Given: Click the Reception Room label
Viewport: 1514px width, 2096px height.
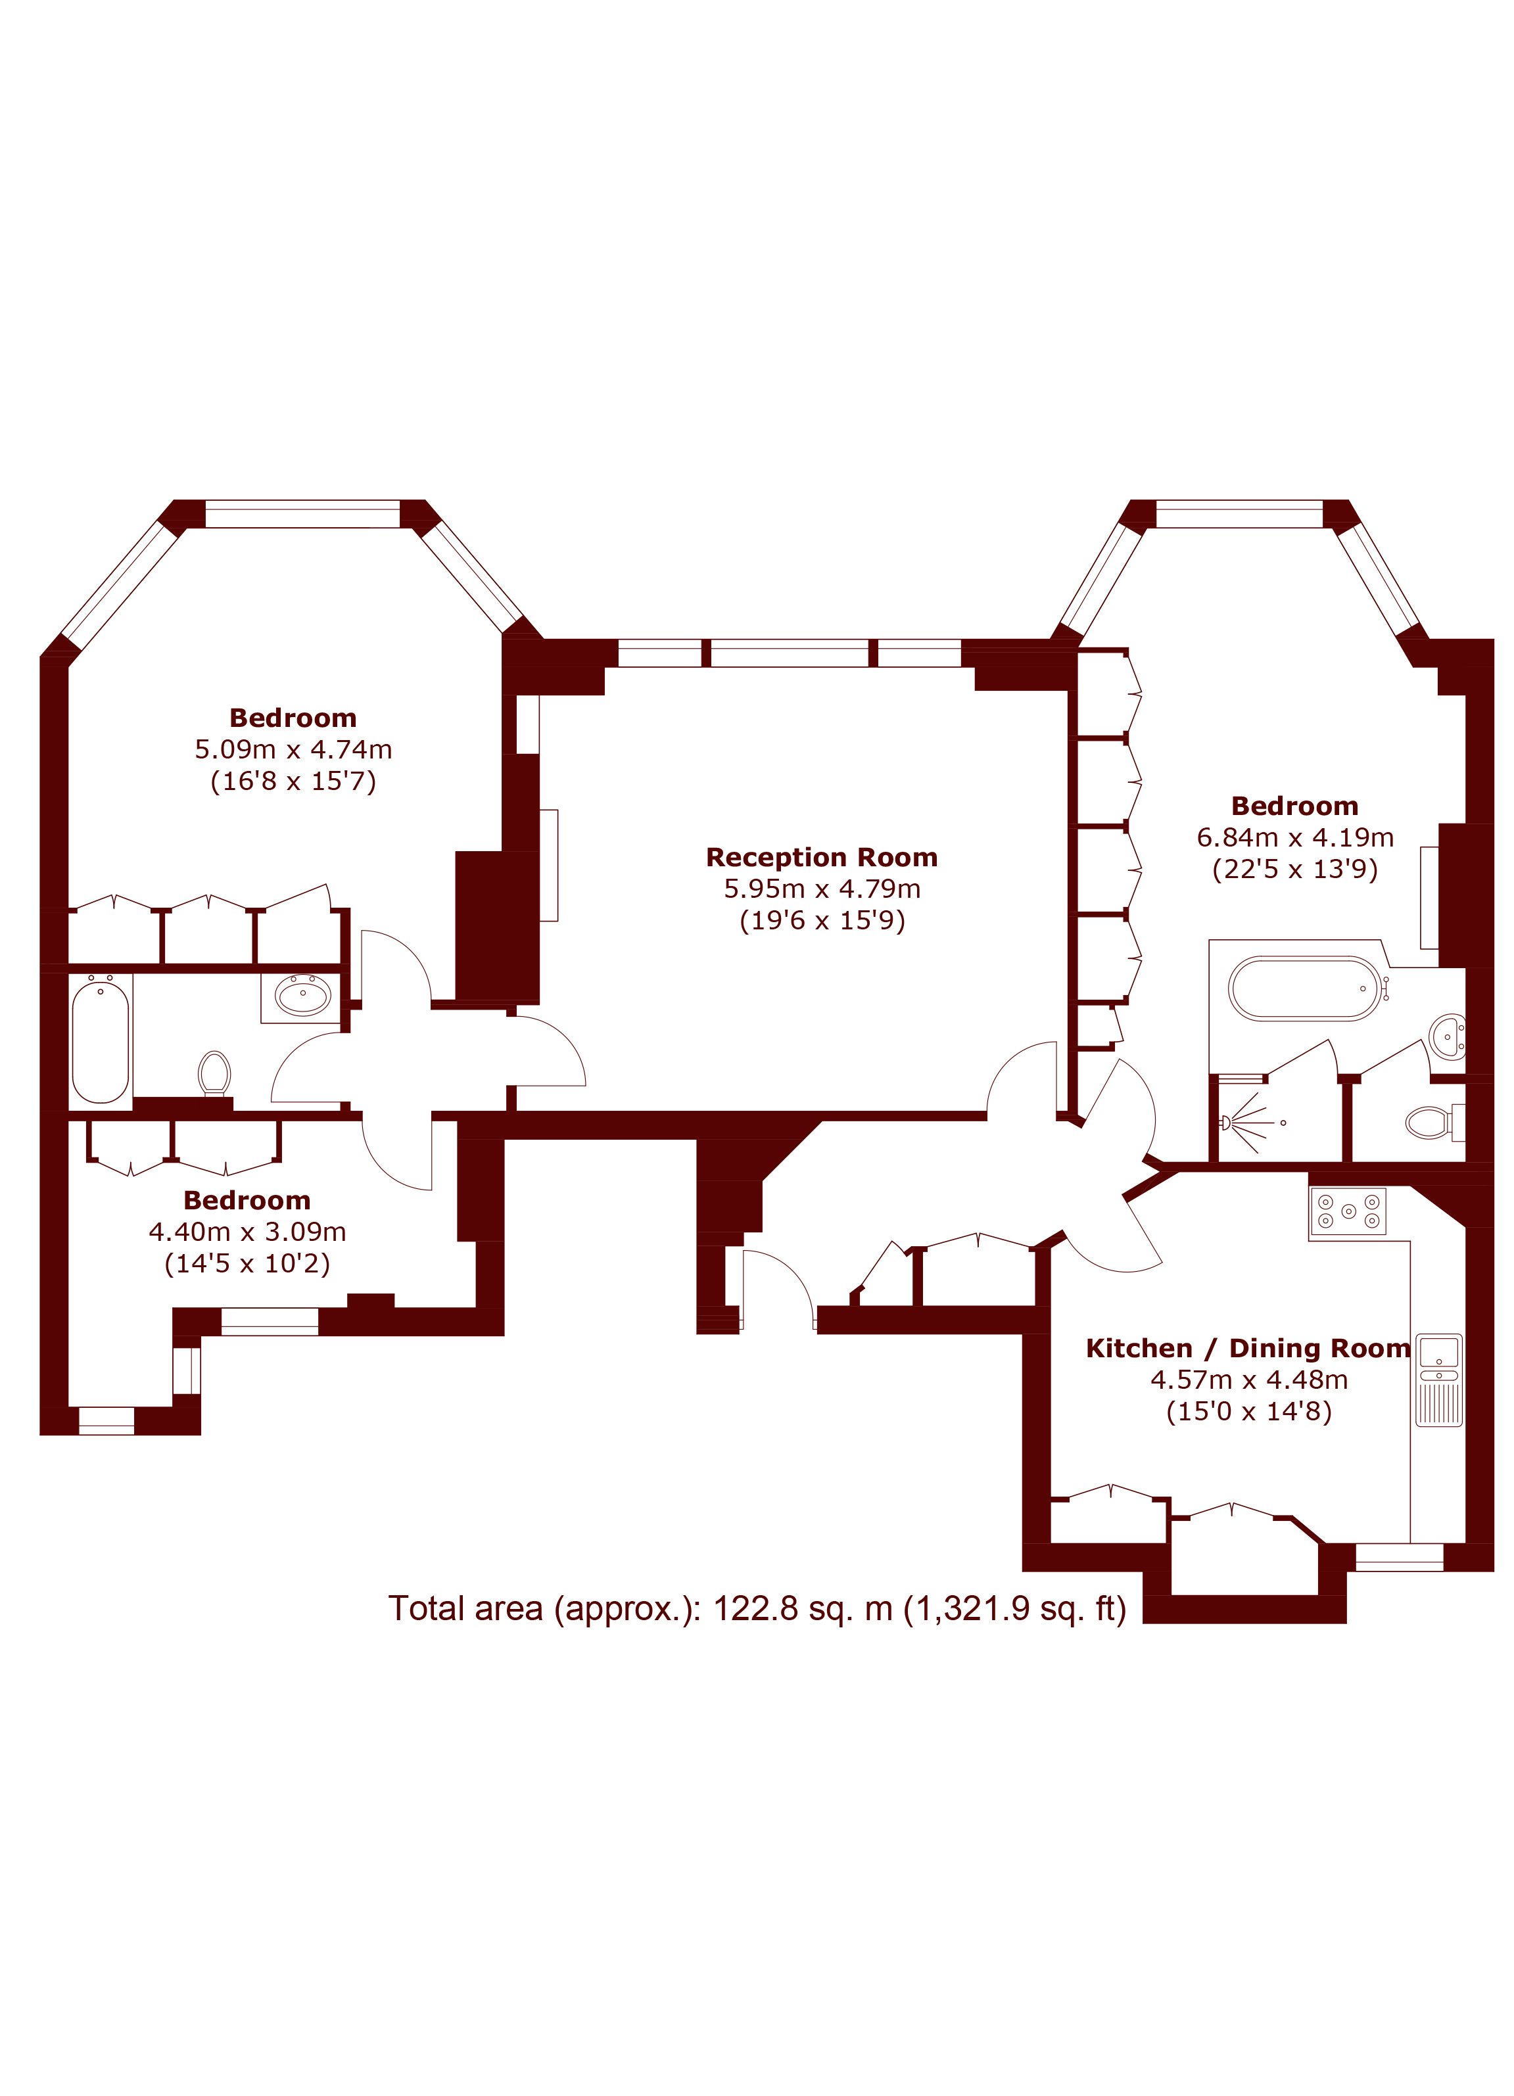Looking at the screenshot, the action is click(822, 858).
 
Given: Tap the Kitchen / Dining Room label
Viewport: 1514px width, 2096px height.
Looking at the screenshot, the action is click(1248, 1348).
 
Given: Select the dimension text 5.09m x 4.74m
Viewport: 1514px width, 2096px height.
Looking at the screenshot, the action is click(293, 749).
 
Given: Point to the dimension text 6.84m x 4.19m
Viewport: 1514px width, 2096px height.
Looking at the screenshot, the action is click(1295, 837).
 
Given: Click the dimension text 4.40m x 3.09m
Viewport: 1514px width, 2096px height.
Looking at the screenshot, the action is click(248, 1232).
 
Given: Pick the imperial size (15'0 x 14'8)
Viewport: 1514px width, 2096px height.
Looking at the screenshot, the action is click(1248, 1411).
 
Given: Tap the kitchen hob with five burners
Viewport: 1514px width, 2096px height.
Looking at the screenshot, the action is click(1348, 1211).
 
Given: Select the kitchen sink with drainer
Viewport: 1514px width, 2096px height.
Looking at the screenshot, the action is click(1439, 1380).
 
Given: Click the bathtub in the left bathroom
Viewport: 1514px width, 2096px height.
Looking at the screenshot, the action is click(101, 1042).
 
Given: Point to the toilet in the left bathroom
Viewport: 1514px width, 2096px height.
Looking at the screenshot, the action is click(214, 1074).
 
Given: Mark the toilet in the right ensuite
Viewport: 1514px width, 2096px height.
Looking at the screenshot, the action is click(1432, 1123).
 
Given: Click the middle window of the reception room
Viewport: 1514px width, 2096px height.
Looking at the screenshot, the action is click(790, 653).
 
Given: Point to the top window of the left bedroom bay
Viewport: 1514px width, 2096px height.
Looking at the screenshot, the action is click(302, 514).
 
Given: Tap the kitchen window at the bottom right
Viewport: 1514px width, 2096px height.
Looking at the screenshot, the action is click(1398, 1557).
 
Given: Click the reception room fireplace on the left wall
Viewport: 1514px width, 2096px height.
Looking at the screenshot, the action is click(549, 865).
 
